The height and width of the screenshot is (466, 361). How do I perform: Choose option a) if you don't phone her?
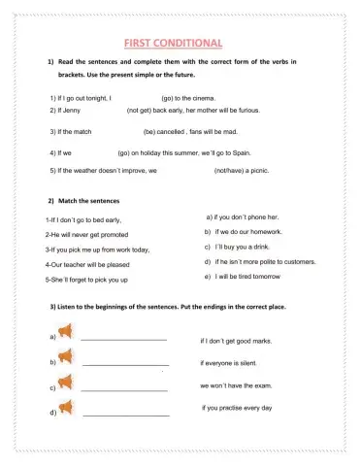(x=243, y=217)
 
